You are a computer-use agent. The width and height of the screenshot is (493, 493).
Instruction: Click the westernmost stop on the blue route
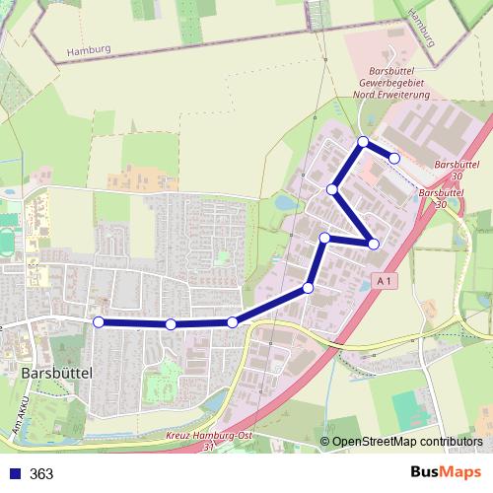click(98, 321)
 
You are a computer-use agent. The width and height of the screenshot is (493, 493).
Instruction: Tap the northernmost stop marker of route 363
click(363, 142)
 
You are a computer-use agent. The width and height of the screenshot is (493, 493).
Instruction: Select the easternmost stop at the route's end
click(394, 158)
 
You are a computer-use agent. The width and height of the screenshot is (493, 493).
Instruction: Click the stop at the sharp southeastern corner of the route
click(374, 244)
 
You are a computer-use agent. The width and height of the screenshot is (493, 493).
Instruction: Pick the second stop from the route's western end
click(171, 324)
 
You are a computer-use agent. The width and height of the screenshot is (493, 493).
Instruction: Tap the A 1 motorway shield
click(385, 282)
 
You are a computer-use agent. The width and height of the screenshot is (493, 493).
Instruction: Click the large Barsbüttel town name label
click(56, 374)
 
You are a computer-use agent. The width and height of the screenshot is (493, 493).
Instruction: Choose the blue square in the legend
click(13, 474)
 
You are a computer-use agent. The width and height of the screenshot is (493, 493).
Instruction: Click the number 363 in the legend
click(41, 474)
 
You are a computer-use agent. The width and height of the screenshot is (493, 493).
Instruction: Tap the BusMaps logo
click(448, 473)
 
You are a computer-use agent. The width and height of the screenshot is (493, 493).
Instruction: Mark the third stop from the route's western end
click(232, 322)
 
